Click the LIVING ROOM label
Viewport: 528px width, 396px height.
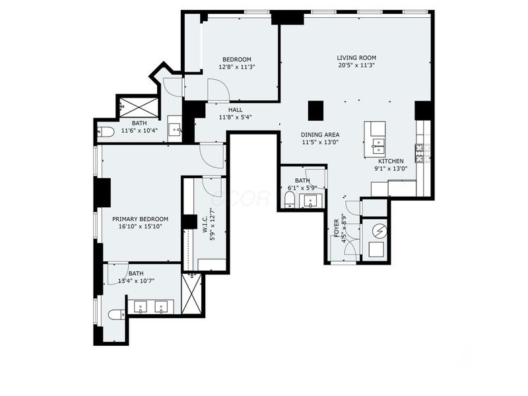pos(356,57)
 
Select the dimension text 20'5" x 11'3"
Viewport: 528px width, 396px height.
pos(356,65)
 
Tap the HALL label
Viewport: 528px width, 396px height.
pos(236,110)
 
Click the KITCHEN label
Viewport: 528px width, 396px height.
pos(391,160)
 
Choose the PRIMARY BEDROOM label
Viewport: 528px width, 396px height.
pos(140,219)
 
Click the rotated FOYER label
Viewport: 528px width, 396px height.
pos(336,228)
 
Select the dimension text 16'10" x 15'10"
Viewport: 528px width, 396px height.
pos(140,227)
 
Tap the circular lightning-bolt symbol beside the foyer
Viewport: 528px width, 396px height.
pos(378,230)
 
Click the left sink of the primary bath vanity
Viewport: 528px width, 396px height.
pos(141,307)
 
